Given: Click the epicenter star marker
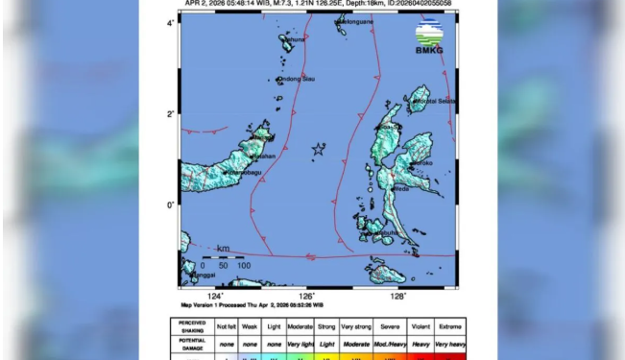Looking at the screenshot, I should pos(318,149).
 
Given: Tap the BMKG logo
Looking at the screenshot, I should pos(429,36).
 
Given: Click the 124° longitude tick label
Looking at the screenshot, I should pos(216,297).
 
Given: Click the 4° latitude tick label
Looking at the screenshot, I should pos(171,21).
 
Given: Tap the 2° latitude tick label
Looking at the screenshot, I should pos(171,114).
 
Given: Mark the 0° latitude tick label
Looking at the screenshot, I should pos(171,204).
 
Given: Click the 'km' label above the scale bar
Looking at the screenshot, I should pos(223,249).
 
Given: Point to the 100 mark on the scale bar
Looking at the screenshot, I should pos(244,265).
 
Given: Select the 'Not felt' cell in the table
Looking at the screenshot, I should pos(227,326).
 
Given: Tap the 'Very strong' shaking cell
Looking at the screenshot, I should pos(356,326).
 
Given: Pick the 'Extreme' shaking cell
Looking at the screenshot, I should pos(450,326).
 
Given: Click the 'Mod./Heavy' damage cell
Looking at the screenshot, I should pos(389,343).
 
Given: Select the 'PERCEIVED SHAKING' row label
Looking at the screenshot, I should pos(192,326).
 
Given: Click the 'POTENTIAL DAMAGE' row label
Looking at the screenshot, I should pos(192,343).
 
